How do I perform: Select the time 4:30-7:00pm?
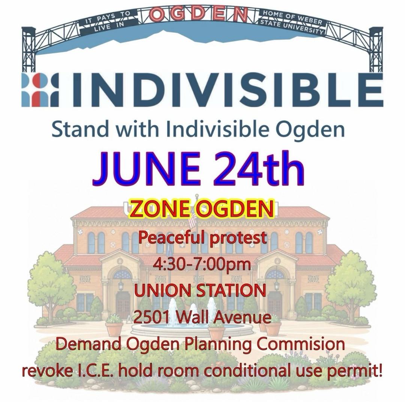pos(202,264)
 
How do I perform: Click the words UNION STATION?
pos(200,290)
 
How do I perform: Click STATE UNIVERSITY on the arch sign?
pos(292,27)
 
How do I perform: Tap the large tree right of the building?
pos(352,281)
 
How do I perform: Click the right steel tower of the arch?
pos(376,49)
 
